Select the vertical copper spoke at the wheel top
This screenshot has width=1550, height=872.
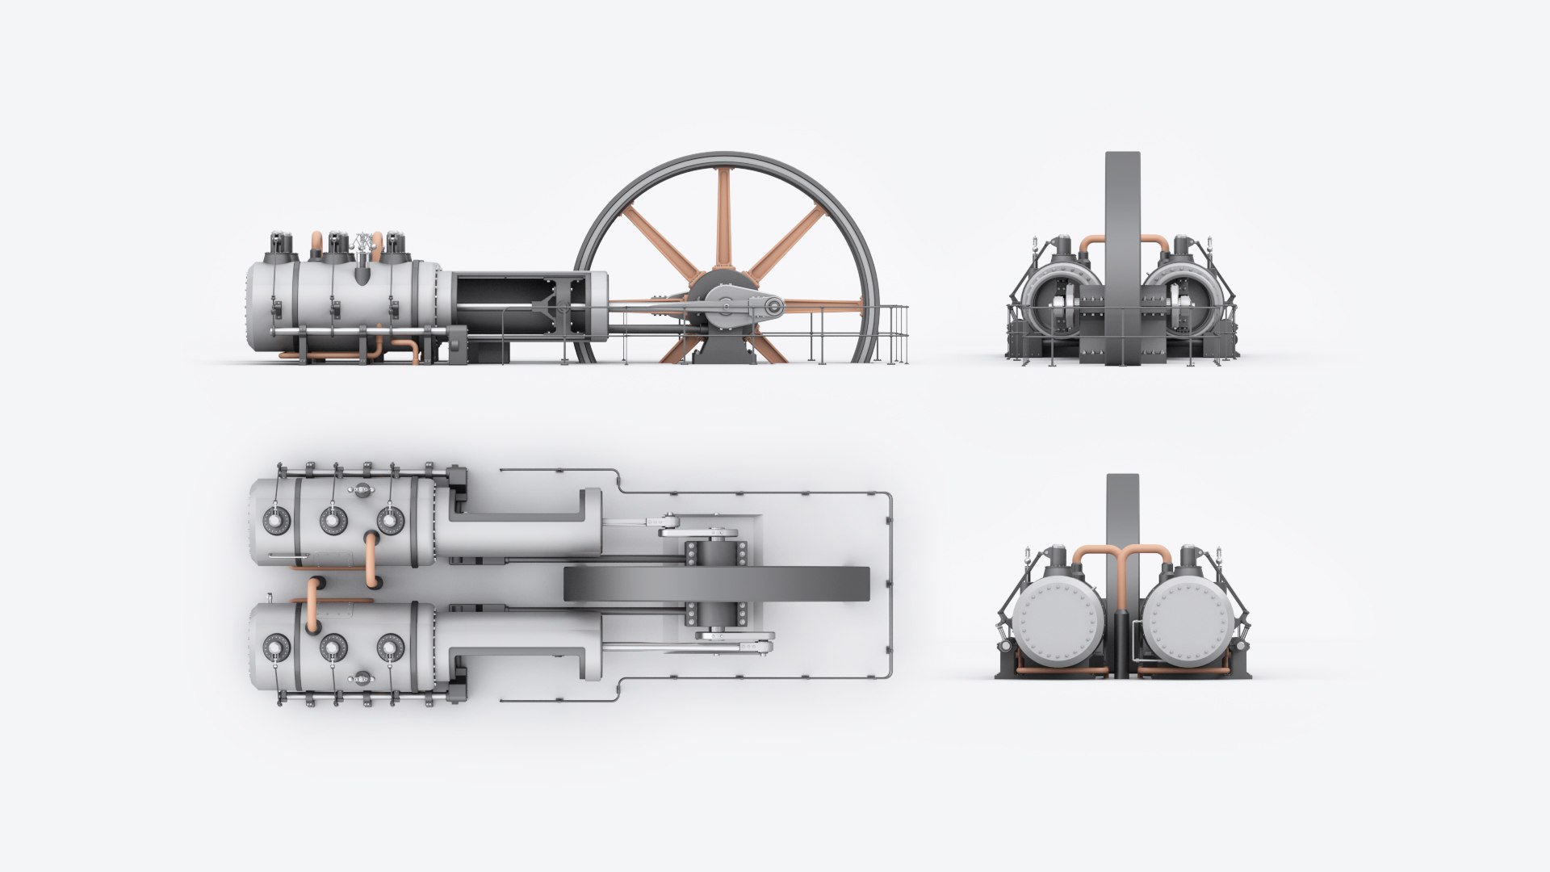[x=723, y=218]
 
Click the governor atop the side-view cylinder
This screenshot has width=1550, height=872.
[x=364, y=246]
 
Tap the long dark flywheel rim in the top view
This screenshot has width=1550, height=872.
[x=717, y=584]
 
